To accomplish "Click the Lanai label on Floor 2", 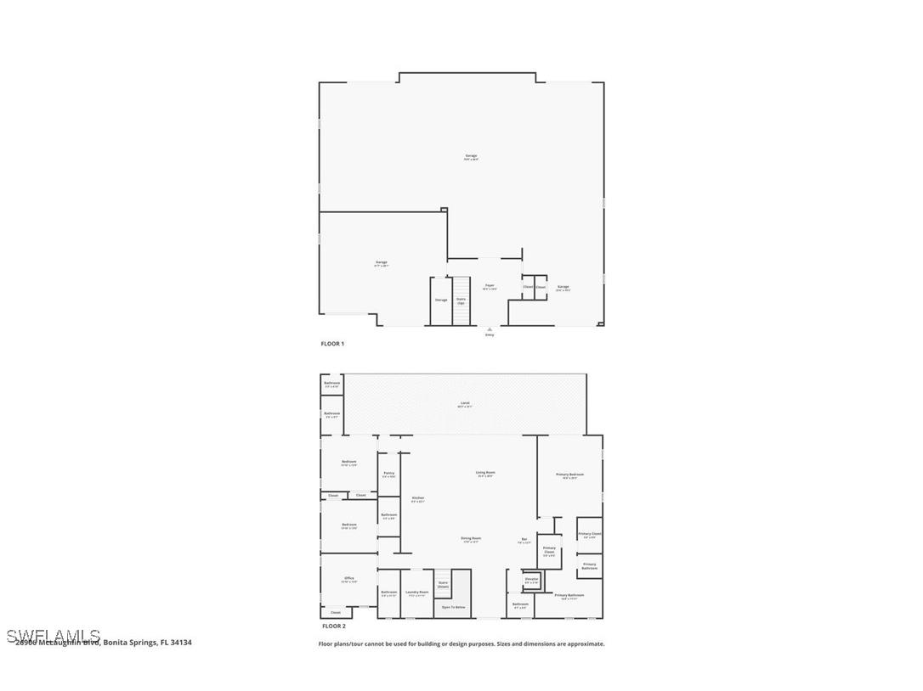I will point(465,404).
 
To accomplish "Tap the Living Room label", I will point(485,474).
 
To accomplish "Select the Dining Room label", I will point(471,539).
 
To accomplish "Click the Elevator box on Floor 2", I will point(531,581).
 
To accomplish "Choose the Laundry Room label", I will point(417,593).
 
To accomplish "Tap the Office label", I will point(348,580).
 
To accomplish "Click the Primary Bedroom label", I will point(569,475).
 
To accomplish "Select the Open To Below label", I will point(454,607).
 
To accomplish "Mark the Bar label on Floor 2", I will point(524,540).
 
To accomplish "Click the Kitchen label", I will point(417,499).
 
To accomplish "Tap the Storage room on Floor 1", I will point(440,301).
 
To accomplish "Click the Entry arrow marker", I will point(490,329).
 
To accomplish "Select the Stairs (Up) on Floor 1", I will point(461,300).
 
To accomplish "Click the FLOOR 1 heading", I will point(332,344).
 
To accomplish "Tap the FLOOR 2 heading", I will point(333,626).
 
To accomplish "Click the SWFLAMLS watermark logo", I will point(53,636).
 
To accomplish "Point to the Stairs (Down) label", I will point(443,585).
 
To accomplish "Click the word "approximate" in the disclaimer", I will point(586,643).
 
